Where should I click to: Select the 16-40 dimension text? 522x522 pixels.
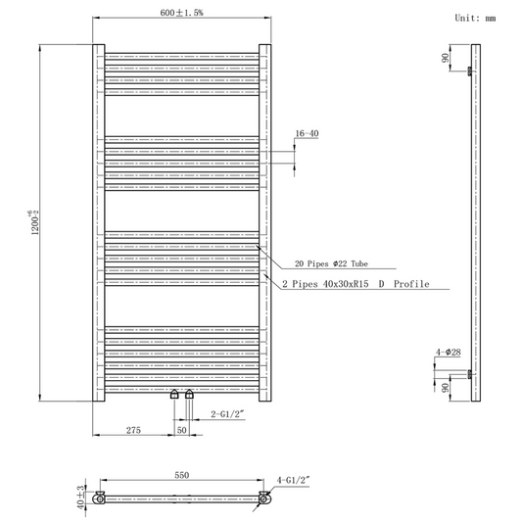tap(306, 133)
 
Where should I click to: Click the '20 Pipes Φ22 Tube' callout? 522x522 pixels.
tap(332, 263)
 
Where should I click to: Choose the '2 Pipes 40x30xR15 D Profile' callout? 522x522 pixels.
tap(356, 283)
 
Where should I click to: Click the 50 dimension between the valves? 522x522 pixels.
tap(181, 429)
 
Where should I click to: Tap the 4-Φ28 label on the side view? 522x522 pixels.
tap(450, 352)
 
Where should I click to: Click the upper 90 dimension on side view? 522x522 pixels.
tap(447, 58)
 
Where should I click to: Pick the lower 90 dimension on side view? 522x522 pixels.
tap(447, 387)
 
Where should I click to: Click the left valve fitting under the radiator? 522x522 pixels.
tap(174, 396)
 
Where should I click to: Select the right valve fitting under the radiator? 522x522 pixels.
tap(189, 396)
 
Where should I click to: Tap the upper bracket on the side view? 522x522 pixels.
tap(471, 71)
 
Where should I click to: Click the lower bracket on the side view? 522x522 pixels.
tap(471, 373)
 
